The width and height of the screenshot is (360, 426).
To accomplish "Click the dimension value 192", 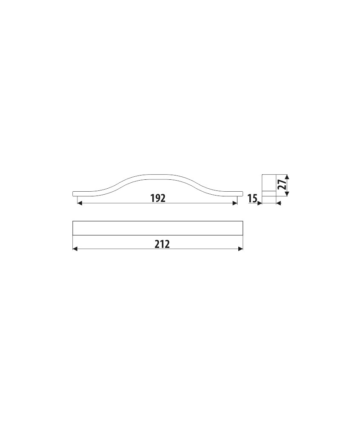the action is coord(158,199).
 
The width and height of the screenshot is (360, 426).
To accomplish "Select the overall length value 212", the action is coord(162,244).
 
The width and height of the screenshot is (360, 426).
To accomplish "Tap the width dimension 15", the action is coord(252,199).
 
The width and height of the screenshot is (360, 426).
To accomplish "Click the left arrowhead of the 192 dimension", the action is coord(80,203).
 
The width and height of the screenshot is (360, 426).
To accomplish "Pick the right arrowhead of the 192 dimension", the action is coord(235,203).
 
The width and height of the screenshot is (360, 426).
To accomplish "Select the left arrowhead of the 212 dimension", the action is coord(75,249).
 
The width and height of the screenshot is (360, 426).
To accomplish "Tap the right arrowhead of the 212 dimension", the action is coord(240,249).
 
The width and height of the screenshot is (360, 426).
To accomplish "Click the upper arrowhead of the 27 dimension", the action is coord(288,177).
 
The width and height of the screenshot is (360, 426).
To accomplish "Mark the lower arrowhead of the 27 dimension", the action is coord(288,193).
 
